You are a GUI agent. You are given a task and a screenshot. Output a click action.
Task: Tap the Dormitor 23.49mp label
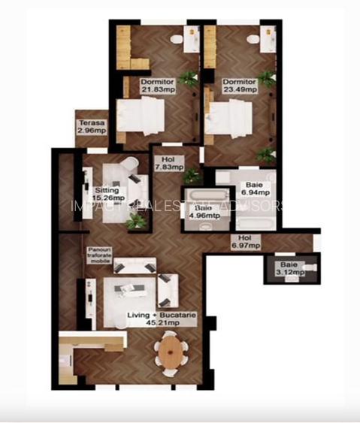click(x=240, y=85)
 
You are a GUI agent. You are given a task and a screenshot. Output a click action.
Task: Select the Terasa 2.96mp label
click(x=91, y=127)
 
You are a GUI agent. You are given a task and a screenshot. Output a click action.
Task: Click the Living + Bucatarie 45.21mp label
click(x=161, y=320)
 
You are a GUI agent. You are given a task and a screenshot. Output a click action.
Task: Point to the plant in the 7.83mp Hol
click(x=192, y=176)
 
